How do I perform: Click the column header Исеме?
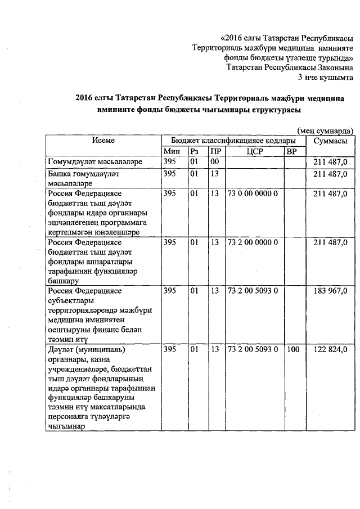[104, 141]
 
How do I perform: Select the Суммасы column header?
[330, 141]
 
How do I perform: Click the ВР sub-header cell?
[291, 151]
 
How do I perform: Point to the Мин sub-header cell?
[170, 151]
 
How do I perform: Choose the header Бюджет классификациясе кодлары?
[233, 141]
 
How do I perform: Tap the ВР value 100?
[292, 350]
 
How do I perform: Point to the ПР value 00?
[214, 162]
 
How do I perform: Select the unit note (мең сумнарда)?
[326, 130]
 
